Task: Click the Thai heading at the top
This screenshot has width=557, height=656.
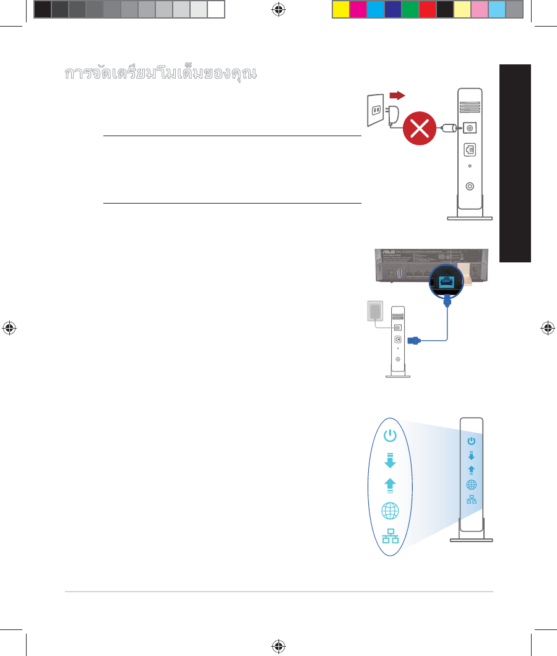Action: (160, 73)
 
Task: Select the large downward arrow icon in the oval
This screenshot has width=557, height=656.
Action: (389, 460)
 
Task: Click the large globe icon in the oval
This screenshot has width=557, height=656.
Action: (390, 510)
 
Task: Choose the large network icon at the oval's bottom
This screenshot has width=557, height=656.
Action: (390, 537)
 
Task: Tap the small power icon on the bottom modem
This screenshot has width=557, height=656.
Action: (472, 441)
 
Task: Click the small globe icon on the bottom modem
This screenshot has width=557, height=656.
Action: (472, 486)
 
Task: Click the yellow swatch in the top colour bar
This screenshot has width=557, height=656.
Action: (340, 9)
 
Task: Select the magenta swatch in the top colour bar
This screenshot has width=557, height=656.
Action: (358, 9)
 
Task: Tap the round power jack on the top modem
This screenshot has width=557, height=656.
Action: (470, 128)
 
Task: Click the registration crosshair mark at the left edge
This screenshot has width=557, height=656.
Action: (9, 328)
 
